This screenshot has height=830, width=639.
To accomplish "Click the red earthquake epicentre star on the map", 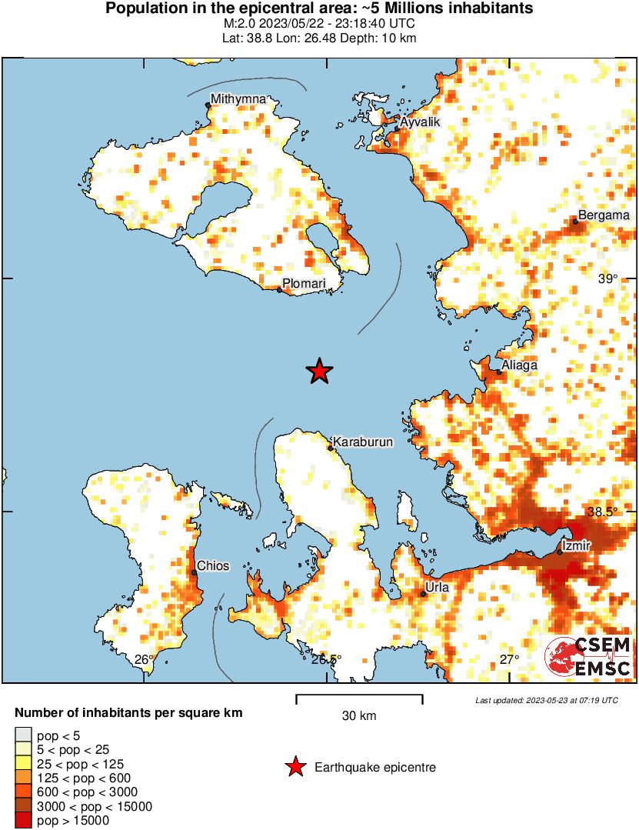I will coord(319,372).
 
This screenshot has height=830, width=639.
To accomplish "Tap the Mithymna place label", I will coord(238,99).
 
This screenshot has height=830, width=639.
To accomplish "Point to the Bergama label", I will coord(604,215).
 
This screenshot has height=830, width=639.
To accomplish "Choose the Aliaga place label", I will coord(520,365).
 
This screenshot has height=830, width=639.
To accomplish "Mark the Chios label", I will coord(213,566).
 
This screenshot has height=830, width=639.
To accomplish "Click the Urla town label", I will coord(437,588).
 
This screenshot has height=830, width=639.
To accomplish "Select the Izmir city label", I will coord(576,545).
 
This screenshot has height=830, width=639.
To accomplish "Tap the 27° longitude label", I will coord(509,659).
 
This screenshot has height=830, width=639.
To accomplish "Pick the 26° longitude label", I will coord(144,659).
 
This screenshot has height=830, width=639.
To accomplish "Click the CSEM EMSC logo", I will coord(588,657).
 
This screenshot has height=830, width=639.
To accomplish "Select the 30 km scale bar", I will coord(359,699).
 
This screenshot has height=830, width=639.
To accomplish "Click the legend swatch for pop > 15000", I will coord(24,821).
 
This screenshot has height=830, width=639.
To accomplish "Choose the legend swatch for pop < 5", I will coord(24,736).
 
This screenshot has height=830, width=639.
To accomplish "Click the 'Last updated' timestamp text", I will coord(547,700).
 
